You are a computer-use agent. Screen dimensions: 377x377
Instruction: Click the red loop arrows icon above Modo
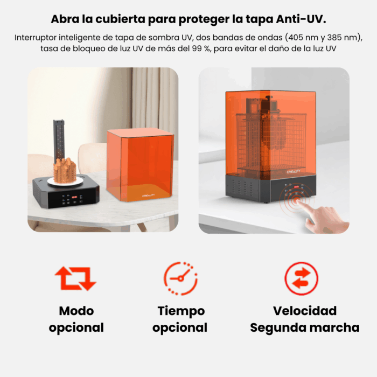(75, 278)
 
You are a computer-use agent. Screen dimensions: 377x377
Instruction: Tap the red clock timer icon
(180, 278)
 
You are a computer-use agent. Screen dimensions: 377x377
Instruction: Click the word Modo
(76, 311)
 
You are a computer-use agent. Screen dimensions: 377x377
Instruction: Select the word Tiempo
(181, 311)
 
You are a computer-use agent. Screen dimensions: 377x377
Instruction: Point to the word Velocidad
(304, 311)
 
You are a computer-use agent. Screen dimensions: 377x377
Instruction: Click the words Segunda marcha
(304, 327)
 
